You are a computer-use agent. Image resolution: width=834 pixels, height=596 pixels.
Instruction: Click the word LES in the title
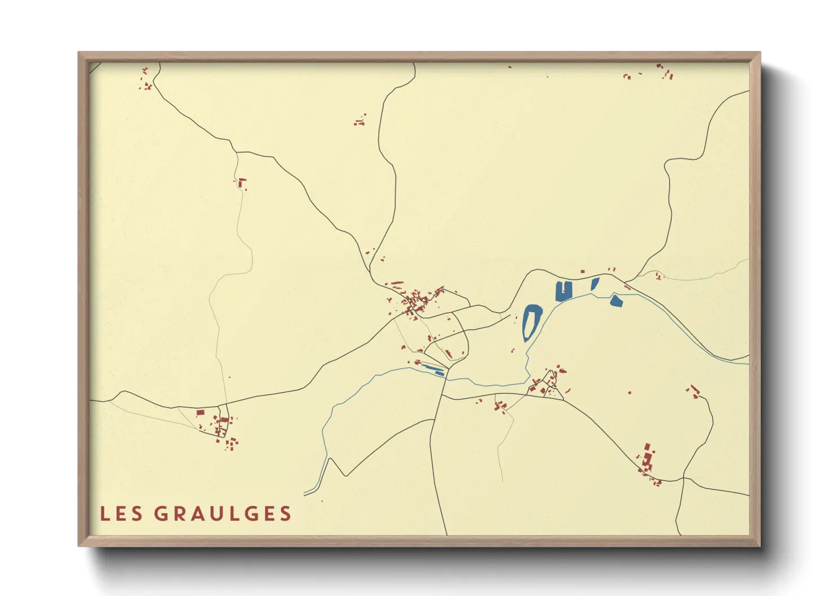click(x=121, y=514)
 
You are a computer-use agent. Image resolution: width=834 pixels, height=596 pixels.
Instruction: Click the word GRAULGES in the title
click(x=223, y=514)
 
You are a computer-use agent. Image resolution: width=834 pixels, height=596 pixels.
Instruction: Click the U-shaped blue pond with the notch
click(x=563, y=291)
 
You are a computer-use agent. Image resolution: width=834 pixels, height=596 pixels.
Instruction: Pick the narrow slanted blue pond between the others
click(x=595, y=283)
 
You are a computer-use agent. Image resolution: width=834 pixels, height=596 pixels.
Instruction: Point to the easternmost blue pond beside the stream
click(x=616, y=301)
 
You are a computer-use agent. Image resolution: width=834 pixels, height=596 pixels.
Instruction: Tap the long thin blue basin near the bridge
click(x=433, y=369)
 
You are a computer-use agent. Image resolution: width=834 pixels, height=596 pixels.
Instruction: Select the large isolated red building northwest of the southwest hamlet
click(x=200, y=413)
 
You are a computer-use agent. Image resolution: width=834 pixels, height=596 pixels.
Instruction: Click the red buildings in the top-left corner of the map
click(x=147, y=80)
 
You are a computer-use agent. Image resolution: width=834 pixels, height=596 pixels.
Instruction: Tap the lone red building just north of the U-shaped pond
click(x=582, y=272)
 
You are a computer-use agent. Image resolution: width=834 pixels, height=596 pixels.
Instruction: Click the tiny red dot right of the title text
click(x=322, y=501)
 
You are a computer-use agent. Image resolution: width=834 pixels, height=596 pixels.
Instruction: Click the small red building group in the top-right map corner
click(x=664, y=71)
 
